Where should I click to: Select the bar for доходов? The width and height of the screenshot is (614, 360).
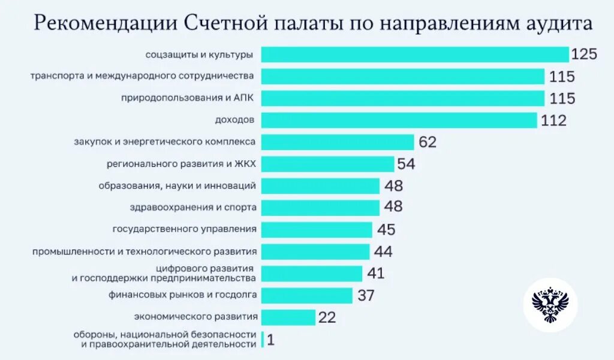(399, 120)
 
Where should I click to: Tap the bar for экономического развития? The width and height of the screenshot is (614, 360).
(288, 317)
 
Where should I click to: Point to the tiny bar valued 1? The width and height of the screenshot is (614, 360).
(263, 340)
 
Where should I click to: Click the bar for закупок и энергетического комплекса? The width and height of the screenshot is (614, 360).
(338, 142)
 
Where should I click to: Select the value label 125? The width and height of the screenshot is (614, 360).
(584, 55)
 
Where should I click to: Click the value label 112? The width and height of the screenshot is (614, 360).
(553, 121)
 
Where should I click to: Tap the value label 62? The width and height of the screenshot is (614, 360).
(428, 143)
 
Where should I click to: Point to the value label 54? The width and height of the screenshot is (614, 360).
(406, 164)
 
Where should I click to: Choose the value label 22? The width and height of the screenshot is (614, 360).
(327, 317)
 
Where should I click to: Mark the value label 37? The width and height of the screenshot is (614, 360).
(365, 295)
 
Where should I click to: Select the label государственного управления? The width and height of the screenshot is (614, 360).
(185, 229)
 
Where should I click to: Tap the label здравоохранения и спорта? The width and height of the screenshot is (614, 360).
(193, 207)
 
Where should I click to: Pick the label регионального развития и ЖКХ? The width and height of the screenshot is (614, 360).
(182, 163)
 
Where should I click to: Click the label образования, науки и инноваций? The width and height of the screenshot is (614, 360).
(177, 185)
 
